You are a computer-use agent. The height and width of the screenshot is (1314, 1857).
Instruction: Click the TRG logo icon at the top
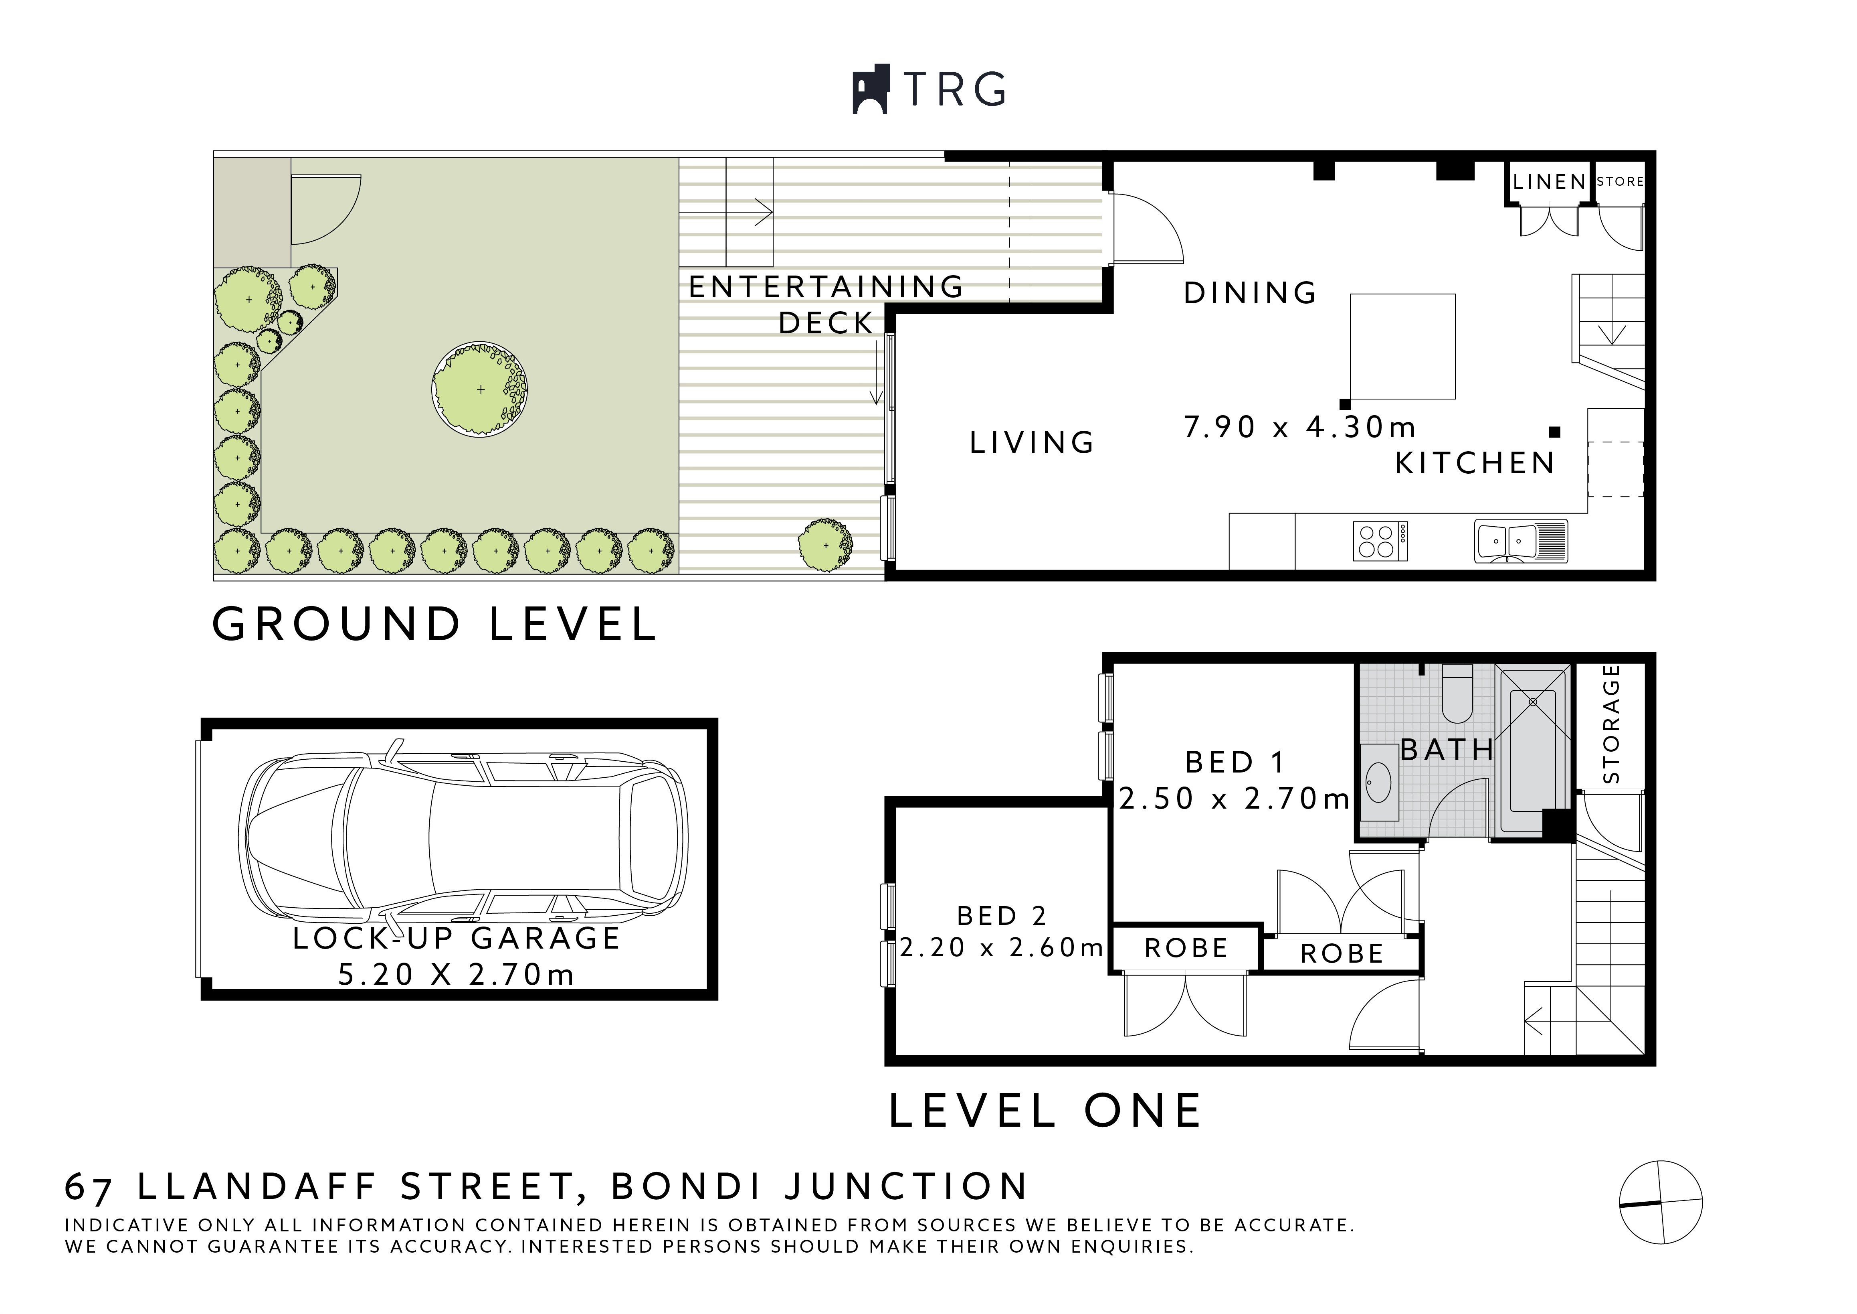point(871,89)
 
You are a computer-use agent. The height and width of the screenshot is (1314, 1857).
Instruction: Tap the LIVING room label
point(1032,442)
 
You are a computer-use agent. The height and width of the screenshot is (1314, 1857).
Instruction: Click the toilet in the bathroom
point(1457,696)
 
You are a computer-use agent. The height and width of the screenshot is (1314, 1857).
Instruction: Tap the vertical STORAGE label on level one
point(1611,724)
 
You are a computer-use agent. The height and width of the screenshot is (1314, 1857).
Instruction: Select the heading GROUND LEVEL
point(434,625)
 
